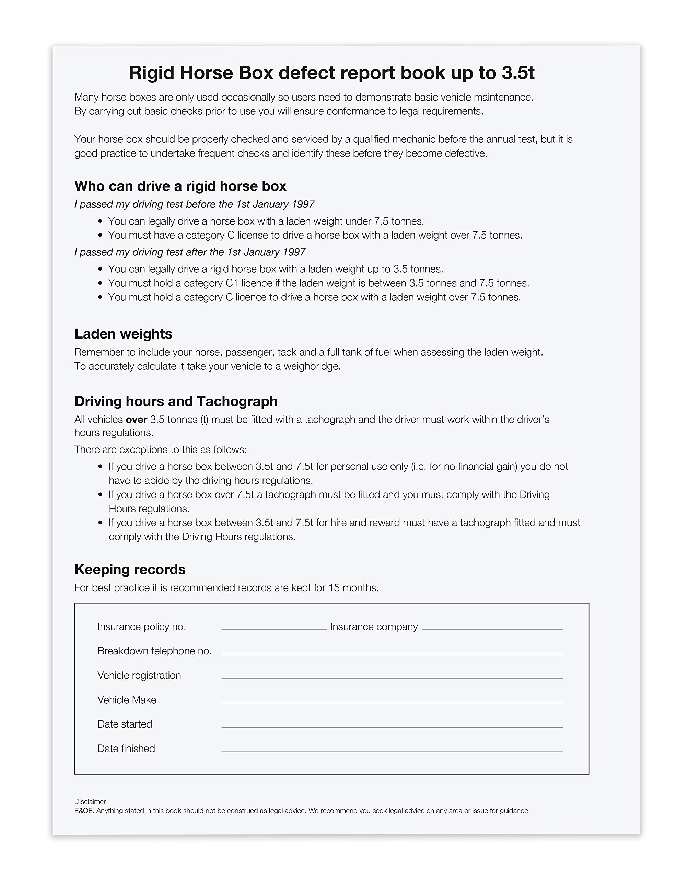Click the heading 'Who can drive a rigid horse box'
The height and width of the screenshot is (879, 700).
pos(180,186)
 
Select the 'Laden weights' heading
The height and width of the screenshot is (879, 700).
pos(123,334)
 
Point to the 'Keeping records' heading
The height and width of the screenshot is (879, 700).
pos(130,569)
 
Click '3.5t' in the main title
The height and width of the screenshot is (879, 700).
pos(517,73)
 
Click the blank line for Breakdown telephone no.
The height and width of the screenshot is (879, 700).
pos(392,653)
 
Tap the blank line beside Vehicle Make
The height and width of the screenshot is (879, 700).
pos(392,702)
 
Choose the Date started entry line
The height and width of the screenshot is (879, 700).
pos(392,727)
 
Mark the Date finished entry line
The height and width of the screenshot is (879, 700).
pos(392,751)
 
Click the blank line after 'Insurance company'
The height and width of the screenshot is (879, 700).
pos(492,629)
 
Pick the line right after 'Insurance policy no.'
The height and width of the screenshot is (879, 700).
pos(274,629)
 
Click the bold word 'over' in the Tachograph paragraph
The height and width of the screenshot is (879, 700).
pos(136,420)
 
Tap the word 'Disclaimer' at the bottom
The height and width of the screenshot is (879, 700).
pos(90,801)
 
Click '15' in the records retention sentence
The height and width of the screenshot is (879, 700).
pos(334,588)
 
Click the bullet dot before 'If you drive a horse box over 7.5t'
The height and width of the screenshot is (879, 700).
pos(100,495)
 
